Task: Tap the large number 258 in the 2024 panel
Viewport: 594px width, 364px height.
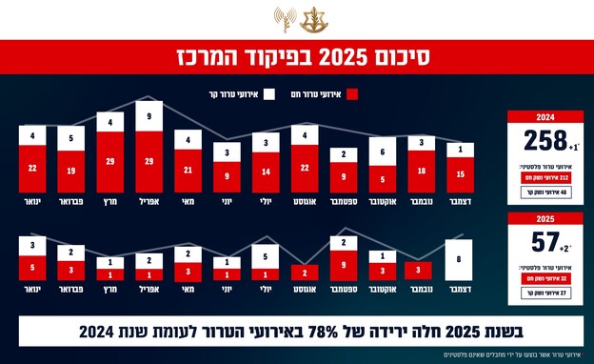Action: [543, 142]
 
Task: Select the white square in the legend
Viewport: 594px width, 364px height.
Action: [267, 94]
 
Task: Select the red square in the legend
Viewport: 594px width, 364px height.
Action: [352, 94]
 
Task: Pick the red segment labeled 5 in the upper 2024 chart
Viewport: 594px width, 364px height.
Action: [382, 177]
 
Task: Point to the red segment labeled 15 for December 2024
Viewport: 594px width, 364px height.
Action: [462, 175]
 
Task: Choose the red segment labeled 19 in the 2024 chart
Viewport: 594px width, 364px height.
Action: [70, 172]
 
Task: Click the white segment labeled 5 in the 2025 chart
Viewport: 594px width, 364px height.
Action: [265, 255]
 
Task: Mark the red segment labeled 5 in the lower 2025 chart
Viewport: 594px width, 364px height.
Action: [31, 268]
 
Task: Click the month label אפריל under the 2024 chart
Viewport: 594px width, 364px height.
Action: [148, 202]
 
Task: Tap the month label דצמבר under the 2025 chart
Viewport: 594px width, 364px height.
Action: [462, 289]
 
